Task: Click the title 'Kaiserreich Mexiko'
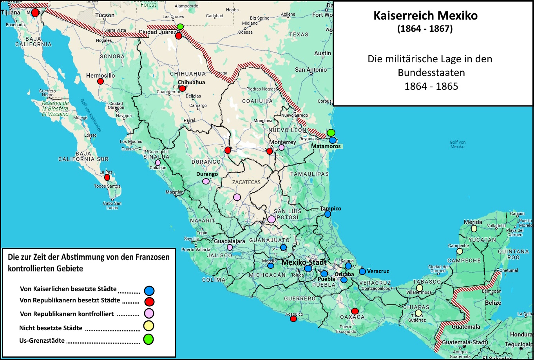click(425, 16)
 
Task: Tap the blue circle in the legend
click(149, 290)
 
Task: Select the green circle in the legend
click(148, 340)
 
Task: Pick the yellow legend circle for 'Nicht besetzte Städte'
click(148, 326)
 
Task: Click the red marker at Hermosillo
click(100, 81)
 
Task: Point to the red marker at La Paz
click(107, 177)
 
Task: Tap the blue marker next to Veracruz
click(362, 271)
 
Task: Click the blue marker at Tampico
click(328, 214)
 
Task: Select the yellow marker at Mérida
click(474, 228)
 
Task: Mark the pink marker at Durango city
click(206, 181)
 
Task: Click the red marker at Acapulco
click(293, 319)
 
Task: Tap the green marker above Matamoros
click(331, 133)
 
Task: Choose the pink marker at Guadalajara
click(230, 247)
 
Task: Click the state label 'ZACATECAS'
click(246, 182)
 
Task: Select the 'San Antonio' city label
click(311, 70)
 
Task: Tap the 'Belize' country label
click(493, 303)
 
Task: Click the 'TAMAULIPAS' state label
click(310, 174)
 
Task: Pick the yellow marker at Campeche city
click(460, 251)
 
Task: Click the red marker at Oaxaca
click(355, 311)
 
